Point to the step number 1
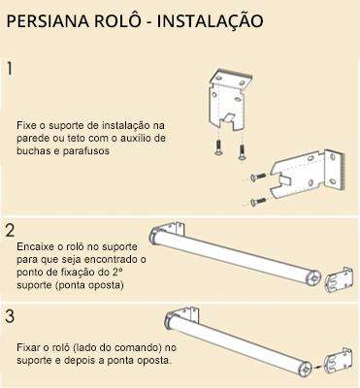tap(10, 70)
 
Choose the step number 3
tap(10, 316)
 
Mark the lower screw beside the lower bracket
tap(258, 201)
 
